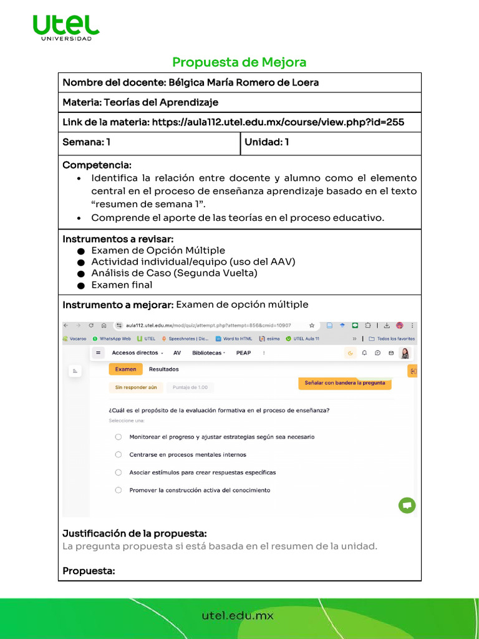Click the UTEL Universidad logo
pos(65,27)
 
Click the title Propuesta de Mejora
pos(239,62)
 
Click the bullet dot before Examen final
pos(81,285)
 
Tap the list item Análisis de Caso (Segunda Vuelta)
pos(174,273)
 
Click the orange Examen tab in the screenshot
pos(125,369)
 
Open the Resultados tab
pos(163,369)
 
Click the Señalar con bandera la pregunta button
pos(345,383)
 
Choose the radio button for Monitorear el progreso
pos(119,437)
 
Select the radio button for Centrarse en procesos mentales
pos(119,455)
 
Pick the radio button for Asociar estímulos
pos(119,472)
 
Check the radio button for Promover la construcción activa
pos(119,490)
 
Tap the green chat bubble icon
pos(407,505)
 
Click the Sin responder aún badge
pos(135,388)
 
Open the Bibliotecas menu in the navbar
pos(209,353)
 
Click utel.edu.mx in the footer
pos(238,616)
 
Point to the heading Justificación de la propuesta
pos(135,534)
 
